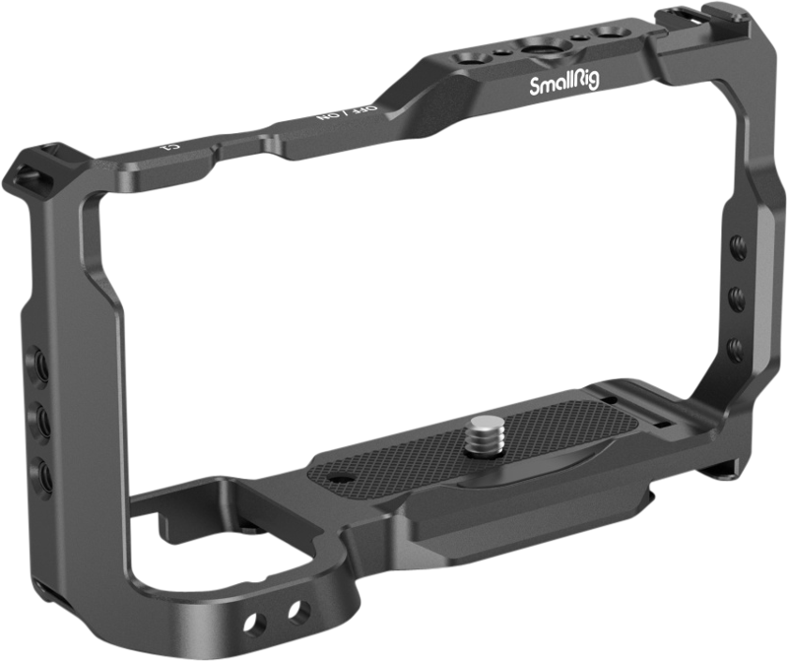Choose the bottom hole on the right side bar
(735, 346)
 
